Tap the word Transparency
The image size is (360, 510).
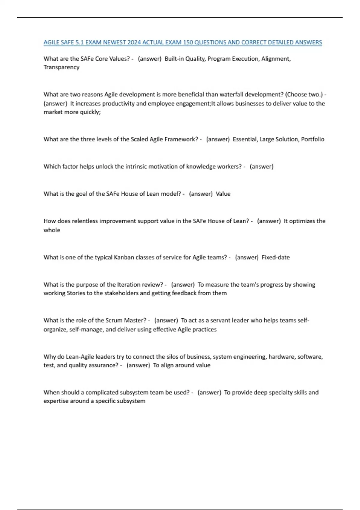coord(61,67)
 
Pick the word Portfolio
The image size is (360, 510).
coord(313,139)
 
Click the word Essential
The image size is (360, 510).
coord(245,139)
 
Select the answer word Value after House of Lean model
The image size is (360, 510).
coord(223,194)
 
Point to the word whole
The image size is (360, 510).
coord(52,230)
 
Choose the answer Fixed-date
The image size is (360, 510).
coord(276,257)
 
